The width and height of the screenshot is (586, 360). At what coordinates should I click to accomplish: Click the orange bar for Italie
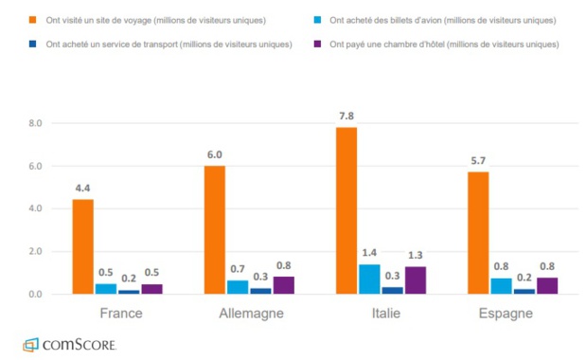coord(346,210)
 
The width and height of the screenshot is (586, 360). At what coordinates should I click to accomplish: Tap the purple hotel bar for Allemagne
coord(284,285)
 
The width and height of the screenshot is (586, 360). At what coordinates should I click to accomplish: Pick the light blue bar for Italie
coord(369,279)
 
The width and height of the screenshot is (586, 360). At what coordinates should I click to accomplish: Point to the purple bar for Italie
coord(416,279)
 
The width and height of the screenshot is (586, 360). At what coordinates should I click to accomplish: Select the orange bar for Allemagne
coord(215,229)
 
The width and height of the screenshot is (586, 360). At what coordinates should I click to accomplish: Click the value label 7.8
coord(346,116)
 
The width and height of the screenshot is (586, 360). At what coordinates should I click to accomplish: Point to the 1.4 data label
coord(369,253)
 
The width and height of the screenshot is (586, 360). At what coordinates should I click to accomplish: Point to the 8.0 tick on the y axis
coord(36,123)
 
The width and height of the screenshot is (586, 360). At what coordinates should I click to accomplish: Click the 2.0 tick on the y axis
coord(36,252)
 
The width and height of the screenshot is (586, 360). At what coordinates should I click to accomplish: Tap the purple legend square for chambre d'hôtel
coord(324,45)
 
